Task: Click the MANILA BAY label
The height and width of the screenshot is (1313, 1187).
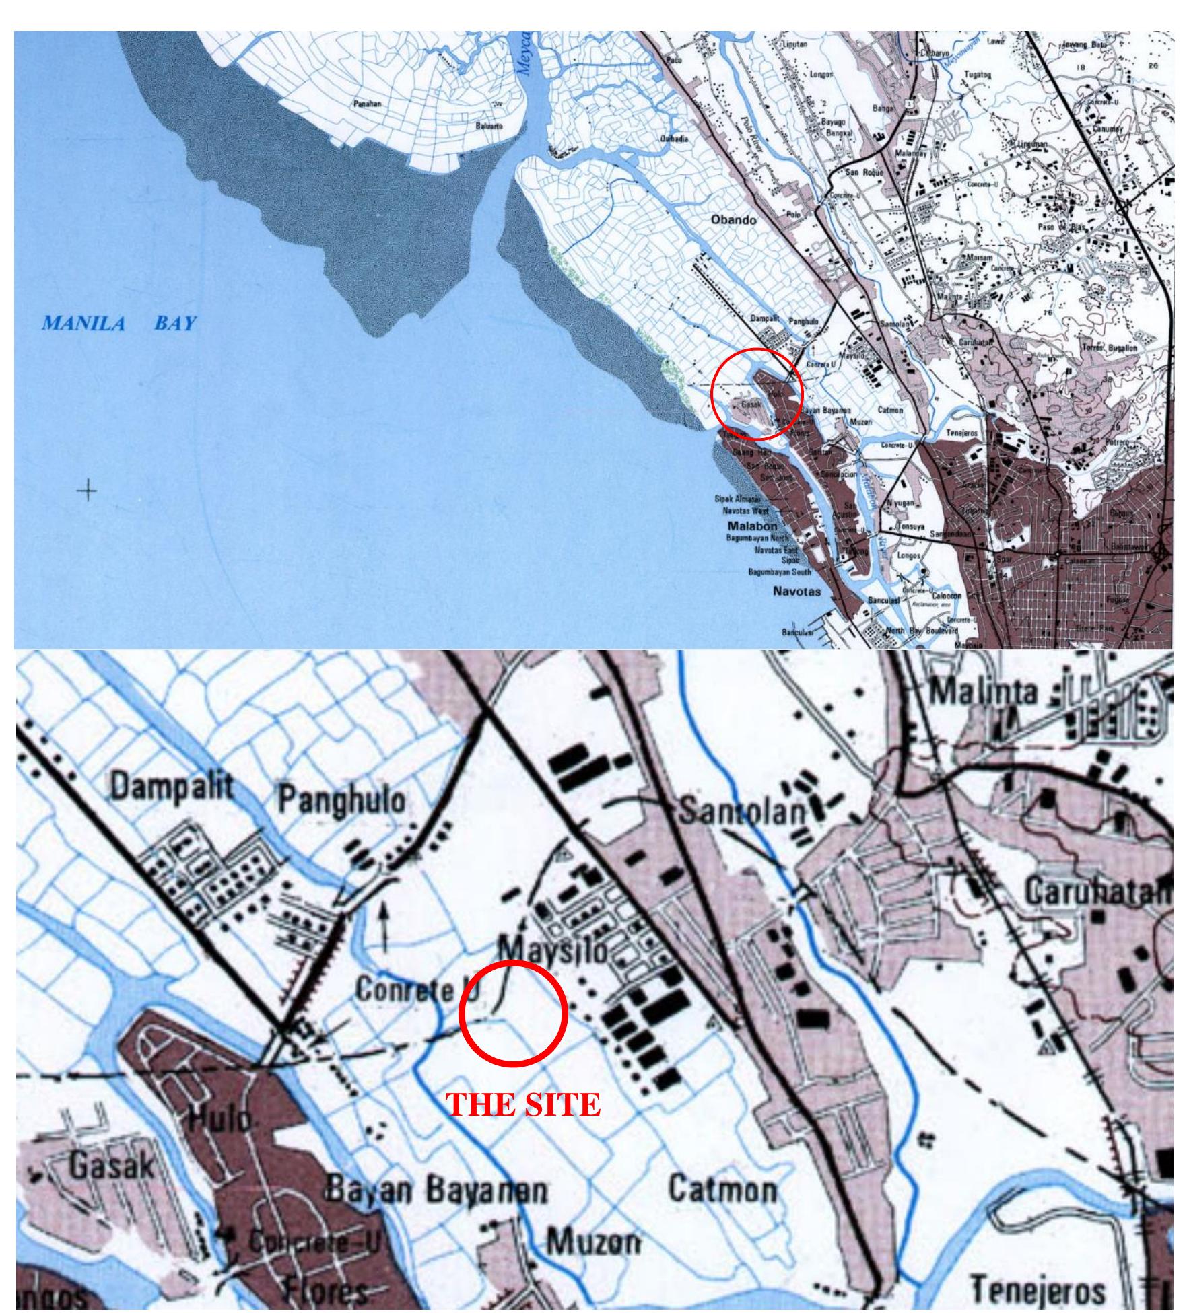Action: [118, 324]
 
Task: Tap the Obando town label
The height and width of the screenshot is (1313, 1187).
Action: [733, 220]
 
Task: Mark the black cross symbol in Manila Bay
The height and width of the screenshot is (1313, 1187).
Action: [87, 491]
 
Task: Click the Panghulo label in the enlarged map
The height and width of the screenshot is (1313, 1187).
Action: [342, 801]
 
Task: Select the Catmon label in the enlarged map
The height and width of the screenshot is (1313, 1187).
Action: [722, 1191]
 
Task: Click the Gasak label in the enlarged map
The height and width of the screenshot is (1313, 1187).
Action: [112, 1168]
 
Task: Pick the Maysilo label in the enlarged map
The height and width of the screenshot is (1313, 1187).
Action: [551, 950]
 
